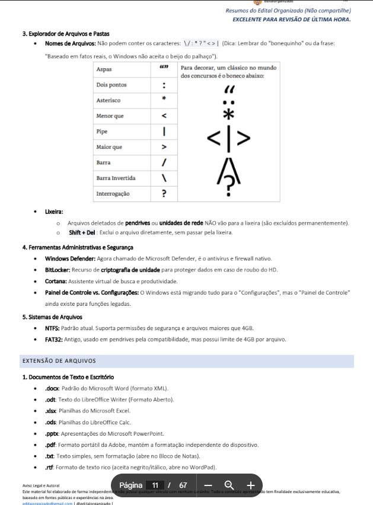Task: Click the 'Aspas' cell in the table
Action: (104, 70)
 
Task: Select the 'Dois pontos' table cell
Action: (111, 85)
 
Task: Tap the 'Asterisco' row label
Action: (109, 101)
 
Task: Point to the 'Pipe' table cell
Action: (102, 132)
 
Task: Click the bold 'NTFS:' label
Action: (52, 328)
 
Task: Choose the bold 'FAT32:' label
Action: (53, 340)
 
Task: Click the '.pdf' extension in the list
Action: (50, 445)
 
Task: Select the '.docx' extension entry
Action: (52, 388)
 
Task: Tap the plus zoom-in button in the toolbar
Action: (250, 485)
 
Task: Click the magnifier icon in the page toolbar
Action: (229, 485)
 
